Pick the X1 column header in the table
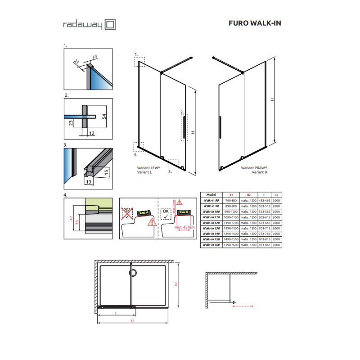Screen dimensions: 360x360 point(231,195)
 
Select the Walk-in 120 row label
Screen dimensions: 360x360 point(211,222)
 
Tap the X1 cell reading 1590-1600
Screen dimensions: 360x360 point(231,245)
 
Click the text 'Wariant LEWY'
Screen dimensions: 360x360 point(148,167)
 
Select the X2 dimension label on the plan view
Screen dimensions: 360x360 point(177,284)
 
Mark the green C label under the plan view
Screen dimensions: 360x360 point(116,313)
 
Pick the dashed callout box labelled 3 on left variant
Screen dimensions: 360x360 point(173,164)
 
